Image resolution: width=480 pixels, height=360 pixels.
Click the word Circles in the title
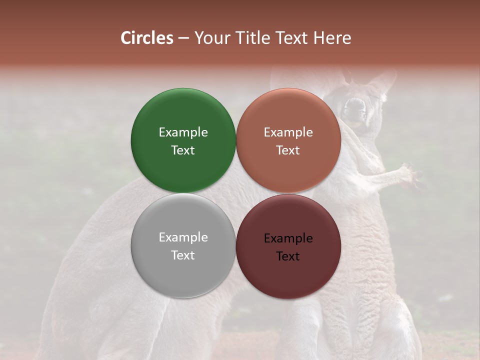tap(146, 38)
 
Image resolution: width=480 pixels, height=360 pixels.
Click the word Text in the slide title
tap(292, 38)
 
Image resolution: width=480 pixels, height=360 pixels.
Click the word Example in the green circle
tap(183, 132)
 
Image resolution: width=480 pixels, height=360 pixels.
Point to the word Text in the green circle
tap(183, 150)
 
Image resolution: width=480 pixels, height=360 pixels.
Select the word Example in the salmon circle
tap(288, 132)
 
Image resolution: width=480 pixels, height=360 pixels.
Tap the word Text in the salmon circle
tap(288, 150)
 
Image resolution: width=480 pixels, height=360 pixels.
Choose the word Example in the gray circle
tap(183, 237)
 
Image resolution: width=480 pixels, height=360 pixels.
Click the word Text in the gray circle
tap(183, 255)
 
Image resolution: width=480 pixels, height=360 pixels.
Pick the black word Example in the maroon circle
tap(288, 238)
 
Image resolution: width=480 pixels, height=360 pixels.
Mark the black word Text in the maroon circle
tap(288, 256)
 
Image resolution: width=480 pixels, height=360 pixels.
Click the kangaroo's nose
tap(355, 105)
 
